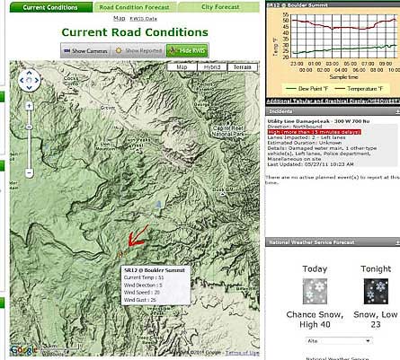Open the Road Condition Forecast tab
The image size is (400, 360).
134,6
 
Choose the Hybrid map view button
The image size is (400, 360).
211,66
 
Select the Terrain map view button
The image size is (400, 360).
241,66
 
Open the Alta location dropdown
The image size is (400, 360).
340,341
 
